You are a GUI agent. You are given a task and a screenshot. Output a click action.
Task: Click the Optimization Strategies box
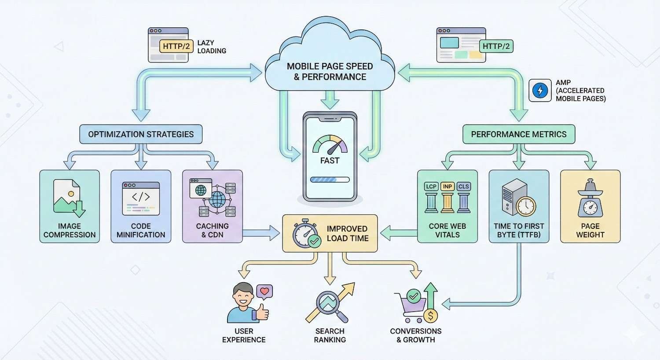[x=141, y=134]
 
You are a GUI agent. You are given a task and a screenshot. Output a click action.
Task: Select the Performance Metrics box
[x=519, y=134]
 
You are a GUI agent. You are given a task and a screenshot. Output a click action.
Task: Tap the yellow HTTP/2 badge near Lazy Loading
[x=176, y=46]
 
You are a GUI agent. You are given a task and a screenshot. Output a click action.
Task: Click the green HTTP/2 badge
[x=496, y=46]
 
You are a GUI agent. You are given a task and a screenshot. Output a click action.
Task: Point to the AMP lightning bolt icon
[x=540, y=90]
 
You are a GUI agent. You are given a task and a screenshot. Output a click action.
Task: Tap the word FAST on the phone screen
[x=330, y=161]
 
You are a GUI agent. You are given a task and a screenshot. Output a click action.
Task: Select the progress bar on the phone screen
[x=330, y=180]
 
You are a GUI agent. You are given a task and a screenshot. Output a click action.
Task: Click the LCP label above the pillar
[x=431, y=186]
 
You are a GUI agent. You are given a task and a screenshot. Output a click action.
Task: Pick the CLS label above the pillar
[x=464, y=186]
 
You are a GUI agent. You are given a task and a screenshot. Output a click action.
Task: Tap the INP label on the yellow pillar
[x=447, y=186]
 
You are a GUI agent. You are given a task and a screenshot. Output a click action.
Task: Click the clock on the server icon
[x=526, y=206]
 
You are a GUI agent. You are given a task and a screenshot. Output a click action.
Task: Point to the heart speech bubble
[x=264, y=291]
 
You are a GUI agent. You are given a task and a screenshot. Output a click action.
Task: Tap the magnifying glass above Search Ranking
[x=329, y=304]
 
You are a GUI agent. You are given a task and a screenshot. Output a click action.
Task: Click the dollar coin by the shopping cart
[x=430, y=316]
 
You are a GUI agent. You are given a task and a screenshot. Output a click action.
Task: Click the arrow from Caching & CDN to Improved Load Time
[x=262, y=232]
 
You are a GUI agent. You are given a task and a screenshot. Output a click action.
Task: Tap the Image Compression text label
[x=70, y=230]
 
